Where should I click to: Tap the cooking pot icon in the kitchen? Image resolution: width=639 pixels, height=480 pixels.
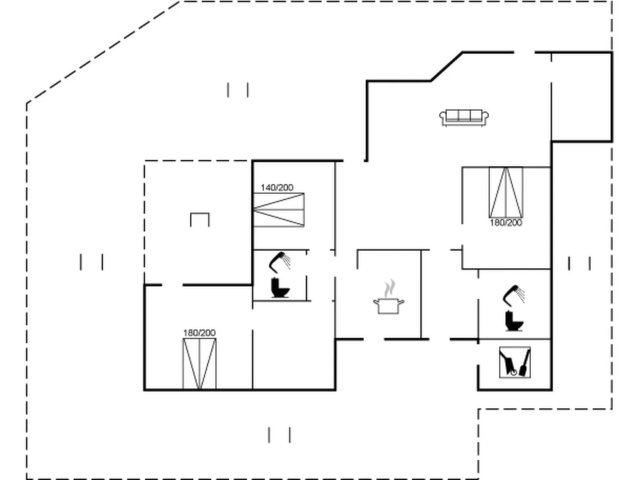389,306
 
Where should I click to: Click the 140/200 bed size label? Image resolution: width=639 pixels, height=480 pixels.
277,187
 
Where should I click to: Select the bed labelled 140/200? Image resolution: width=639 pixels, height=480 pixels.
279,210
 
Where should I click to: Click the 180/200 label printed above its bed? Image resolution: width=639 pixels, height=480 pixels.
199,333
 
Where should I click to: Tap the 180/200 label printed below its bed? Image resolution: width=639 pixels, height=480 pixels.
506,223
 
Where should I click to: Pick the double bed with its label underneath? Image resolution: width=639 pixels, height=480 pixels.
506,192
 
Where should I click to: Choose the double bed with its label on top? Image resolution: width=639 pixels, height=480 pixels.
199,363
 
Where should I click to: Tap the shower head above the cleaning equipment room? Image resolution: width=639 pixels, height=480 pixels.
514,294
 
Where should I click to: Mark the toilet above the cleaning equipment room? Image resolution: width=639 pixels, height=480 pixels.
514,321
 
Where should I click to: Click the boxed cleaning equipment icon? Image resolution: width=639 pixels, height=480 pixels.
515,362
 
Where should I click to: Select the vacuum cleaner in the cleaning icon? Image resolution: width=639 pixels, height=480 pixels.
508,363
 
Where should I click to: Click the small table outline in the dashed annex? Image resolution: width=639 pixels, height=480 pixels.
200,219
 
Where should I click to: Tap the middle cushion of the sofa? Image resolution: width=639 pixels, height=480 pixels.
464,116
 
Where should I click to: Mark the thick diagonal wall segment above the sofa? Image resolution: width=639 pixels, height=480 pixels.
446,67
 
